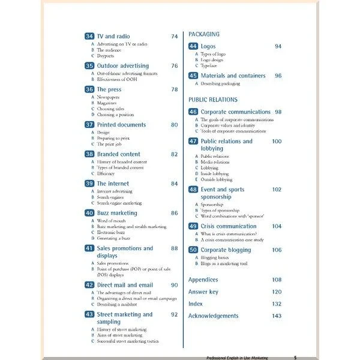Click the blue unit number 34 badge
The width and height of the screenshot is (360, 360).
tap(89, 37)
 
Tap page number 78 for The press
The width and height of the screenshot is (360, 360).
tap(174, 89)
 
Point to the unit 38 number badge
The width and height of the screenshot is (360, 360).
tap(89, 154)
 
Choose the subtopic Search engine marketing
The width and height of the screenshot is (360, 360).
tap(120, 203)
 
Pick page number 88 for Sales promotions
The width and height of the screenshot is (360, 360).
tap(174, 248)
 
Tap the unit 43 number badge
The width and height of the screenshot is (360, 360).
tap(89, 314)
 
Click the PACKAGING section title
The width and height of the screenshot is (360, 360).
tap(204, 34)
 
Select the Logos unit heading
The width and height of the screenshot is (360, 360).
tap(208, 46)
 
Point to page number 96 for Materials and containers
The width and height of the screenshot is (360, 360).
tap(278, 76)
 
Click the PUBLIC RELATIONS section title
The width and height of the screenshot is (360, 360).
tap(213, 100)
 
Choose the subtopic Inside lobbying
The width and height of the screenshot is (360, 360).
tap(214, 173)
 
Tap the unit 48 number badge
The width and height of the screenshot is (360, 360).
tap(193, 190)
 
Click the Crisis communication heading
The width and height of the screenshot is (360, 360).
tap(229, 226)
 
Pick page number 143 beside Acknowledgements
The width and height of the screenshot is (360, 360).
tap(276, 316)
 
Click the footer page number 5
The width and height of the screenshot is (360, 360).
tap(295, 358)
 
